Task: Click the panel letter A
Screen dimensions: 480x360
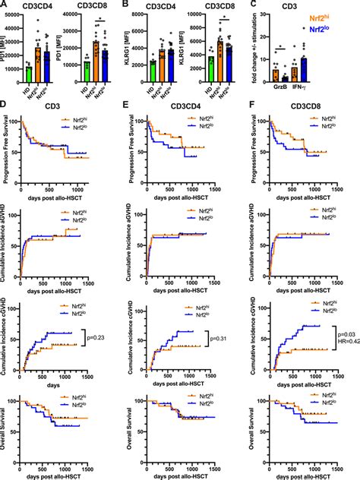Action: [5, 5]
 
